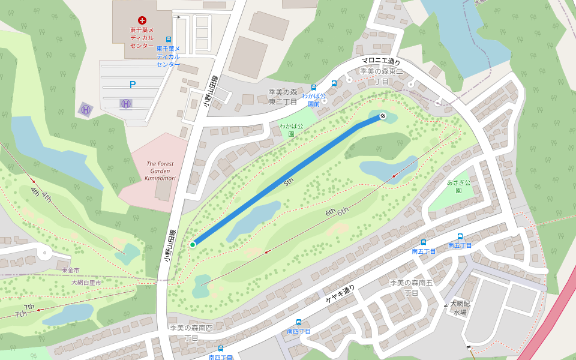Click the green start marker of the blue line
[x=193, y=245]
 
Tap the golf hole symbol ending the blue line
[x=382, y=115]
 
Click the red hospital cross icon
[x=142, y=20]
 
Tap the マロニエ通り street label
[x=380, y=61]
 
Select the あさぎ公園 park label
[x=458, y=187]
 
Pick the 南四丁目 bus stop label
[x=298, y=331]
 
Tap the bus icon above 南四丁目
[x=298, y=322]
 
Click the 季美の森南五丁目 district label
[x=411, y=287]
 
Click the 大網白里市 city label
[x=86, y=282]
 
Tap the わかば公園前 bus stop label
[x=313, y=99]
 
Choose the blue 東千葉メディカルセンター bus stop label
[x=168, y=56]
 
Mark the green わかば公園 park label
[x=291, y=130]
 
